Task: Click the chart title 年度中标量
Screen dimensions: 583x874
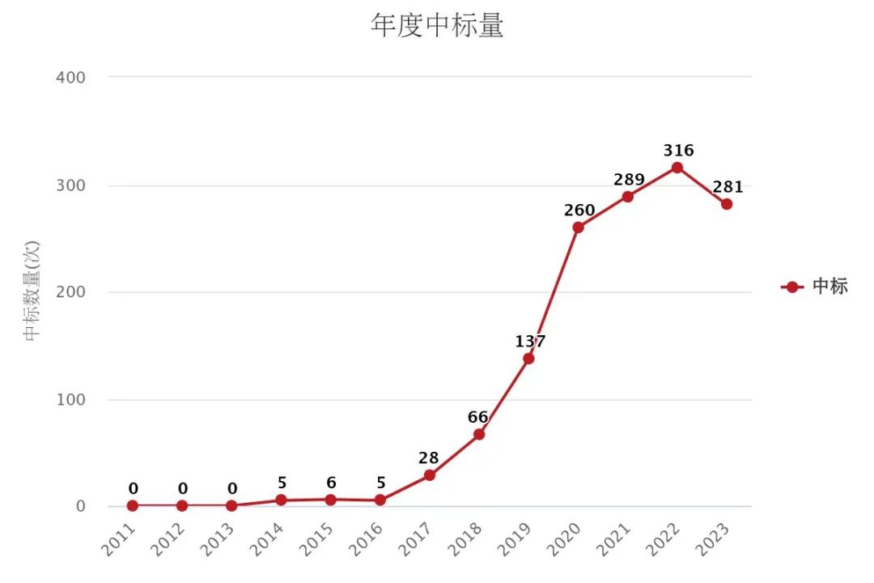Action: coord(437,26)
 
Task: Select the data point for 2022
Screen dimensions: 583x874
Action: coord(677,168)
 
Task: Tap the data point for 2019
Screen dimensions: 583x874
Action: coord(528,359)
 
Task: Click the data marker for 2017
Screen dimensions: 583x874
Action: coord(429,475)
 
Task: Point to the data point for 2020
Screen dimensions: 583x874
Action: coord(578,228)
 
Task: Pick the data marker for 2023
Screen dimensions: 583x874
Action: coord(727,204)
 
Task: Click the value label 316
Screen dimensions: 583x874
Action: coord(678,151)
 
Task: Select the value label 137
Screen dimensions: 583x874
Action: coord(530,342)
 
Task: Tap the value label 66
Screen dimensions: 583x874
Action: coord(478,418)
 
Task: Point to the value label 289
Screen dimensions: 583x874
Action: coord(629,180)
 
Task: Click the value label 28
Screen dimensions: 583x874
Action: coord(429,458)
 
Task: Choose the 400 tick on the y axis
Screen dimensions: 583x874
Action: coord(71,77)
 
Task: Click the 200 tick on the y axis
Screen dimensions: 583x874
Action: coord(71,292)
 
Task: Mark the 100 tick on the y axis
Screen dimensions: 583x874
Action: coord(71,400)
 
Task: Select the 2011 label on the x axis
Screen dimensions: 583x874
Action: coord(120,538)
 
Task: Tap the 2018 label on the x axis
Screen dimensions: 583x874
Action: coord(467,538)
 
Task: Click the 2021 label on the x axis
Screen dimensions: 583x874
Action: coord(616,538)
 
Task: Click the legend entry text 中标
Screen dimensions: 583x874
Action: coord(830,287)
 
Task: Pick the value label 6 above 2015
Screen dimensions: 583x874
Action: coord(330,483)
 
